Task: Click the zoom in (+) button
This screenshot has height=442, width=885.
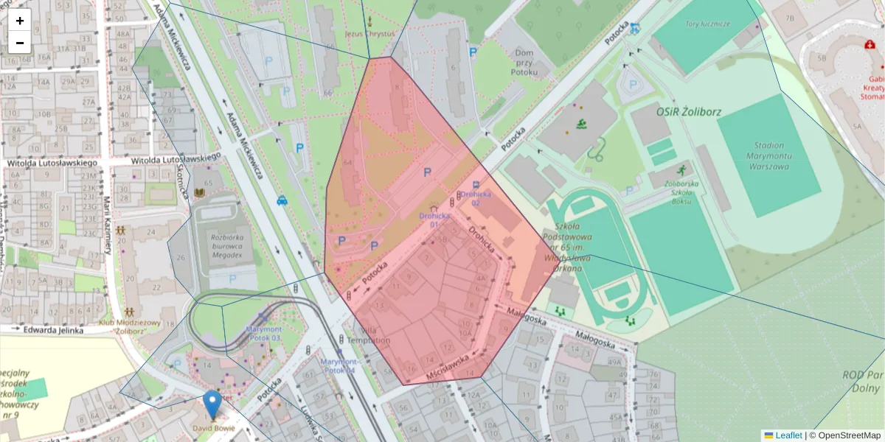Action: coord(20,21)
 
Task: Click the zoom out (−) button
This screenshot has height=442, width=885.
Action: coord(20,43)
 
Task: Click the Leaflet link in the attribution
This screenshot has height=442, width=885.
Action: coord(788,435)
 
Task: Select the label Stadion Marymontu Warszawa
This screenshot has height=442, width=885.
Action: coord(779,155)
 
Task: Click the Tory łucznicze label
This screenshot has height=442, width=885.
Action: coord(707,24)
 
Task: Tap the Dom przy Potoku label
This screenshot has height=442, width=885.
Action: coord(524,63)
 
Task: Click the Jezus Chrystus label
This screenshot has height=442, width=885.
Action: coord(369,33)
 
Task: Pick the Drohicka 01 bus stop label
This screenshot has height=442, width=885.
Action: coord(434,220)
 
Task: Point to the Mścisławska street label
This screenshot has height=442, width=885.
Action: coord(448,368)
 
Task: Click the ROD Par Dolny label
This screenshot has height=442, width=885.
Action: coord(862,381)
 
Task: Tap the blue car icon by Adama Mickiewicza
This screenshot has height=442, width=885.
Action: coord(282,200)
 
